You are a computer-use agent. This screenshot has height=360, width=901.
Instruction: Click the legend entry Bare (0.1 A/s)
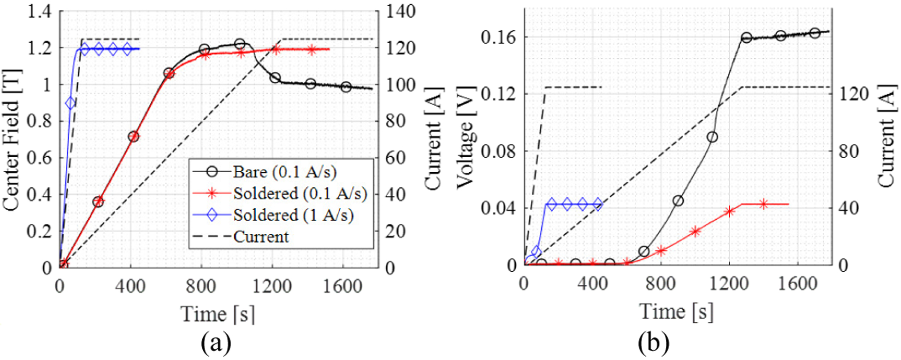[x=284, y=172]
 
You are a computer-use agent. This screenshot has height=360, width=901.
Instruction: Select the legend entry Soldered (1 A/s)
[x=293, y=215]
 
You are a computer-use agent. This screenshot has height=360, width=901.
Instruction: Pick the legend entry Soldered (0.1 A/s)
[x=300, y=193]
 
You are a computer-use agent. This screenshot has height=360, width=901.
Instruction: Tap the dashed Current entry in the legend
[x=261, y=237]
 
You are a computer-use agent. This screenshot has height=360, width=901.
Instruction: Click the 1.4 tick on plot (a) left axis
[x=39, y=11]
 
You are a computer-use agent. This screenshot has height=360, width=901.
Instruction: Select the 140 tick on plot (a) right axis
[x=400, y=11]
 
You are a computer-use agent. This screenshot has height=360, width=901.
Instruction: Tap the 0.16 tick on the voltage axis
[x=498, y=37]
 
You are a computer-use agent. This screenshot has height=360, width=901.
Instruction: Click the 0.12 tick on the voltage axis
[x=498, y=94]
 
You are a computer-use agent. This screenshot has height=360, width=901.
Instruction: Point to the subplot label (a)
[x=216, y=344]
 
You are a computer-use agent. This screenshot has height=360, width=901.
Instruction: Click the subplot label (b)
[x=654, y=344]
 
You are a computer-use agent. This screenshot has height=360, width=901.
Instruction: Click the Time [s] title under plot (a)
[x=218, y=314]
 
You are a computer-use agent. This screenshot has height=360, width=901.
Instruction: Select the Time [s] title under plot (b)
[x=676, y=312]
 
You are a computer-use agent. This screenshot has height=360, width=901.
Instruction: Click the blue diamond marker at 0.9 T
[x=71, y=103]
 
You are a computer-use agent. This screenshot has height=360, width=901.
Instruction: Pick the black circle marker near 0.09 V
[x=712, y=137]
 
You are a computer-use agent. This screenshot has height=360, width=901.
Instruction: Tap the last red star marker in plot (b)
[x=764, y=204]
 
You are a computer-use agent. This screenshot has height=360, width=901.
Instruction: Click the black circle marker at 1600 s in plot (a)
[x=346, y=87]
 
